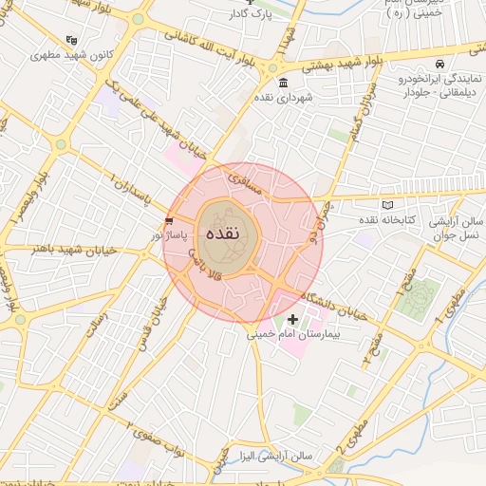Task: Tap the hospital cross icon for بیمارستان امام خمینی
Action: coord(292,320)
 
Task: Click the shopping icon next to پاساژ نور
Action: coord(169,219)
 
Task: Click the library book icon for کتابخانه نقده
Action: coord(385,205)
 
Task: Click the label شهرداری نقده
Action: coord(277,98)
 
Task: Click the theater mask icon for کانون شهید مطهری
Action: coord(72,41)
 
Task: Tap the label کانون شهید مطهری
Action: coord(108,55)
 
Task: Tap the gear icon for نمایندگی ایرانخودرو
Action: coord(439,63)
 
